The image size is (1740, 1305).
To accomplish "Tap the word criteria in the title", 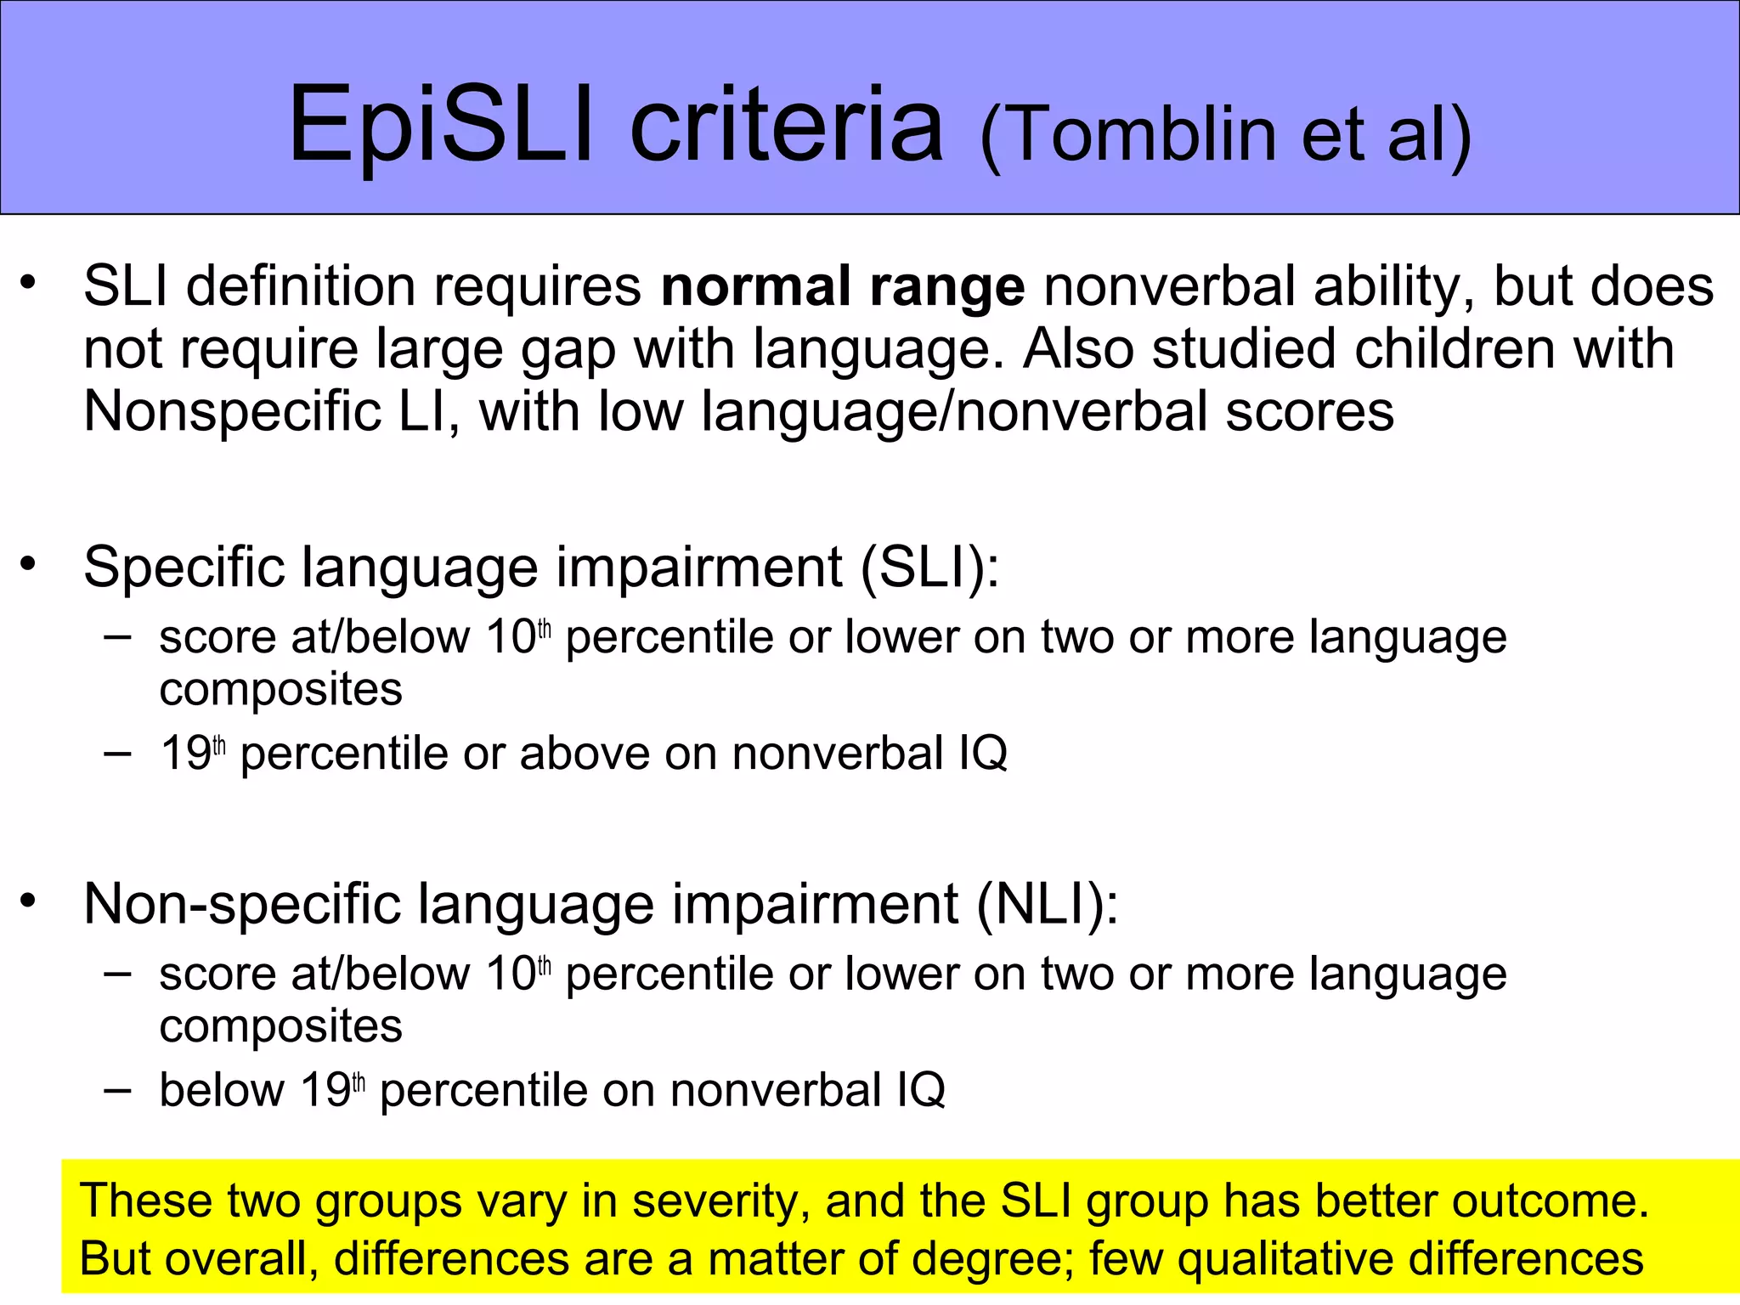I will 786,125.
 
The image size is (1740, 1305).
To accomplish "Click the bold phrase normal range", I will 843,286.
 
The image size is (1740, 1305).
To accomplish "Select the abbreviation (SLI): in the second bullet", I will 930,567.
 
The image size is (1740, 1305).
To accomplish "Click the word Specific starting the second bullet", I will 184,567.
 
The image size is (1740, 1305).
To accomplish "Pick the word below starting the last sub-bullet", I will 222,1090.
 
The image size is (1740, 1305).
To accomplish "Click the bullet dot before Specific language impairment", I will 30,562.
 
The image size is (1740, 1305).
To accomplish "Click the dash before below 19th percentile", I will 117,1088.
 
